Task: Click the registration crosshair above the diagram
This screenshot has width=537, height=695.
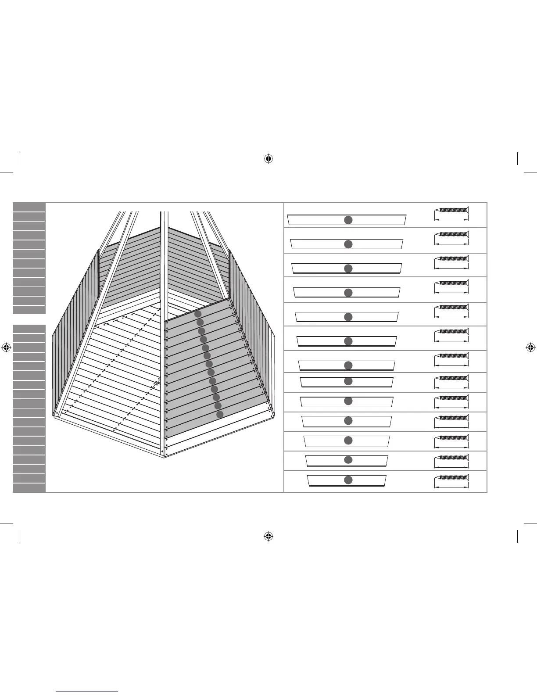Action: [x=269, y=158]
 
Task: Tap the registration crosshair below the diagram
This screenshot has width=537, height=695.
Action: [x=269, y=536]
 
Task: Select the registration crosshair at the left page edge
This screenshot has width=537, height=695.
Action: [x=6, y=347]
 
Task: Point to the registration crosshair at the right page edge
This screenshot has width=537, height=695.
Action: [x=530, y=347]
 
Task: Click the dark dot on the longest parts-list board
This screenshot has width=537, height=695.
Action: [x=348, y=220]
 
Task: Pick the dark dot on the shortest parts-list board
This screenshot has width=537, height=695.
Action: [x=348, y=480]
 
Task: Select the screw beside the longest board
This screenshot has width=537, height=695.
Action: [x=452, y=210]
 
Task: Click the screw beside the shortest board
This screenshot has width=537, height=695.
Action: [x=452, y=477]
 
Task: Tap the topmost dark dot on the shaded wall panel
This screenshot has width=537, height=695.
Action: [x=198, y=314]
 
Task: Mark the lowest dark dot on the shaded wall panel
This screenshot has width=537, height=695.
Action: [x=220, y=414]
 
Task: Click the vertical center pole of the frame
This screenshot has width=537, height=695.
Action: [x=164, y=263]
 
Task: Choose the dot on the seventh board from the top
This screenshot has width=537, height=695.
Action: [x=348, y=365]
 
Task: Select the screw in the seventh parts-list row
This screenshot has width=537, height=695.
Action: [x=452, y=356]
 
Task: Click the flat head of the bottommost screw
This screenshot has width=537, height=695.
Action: [x=468, y=477]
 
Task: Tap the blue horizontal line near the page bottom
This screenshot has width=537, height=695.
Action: [x=87, y=691]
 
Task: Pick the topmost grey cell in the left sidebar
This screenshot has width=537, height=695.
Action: [x=29, y=207]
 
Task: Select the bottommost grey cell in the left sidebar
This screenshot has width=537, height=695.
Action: [x=29, y=487]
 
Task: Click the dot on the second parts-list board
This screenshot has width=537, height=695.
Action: [x=348, y=244]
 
